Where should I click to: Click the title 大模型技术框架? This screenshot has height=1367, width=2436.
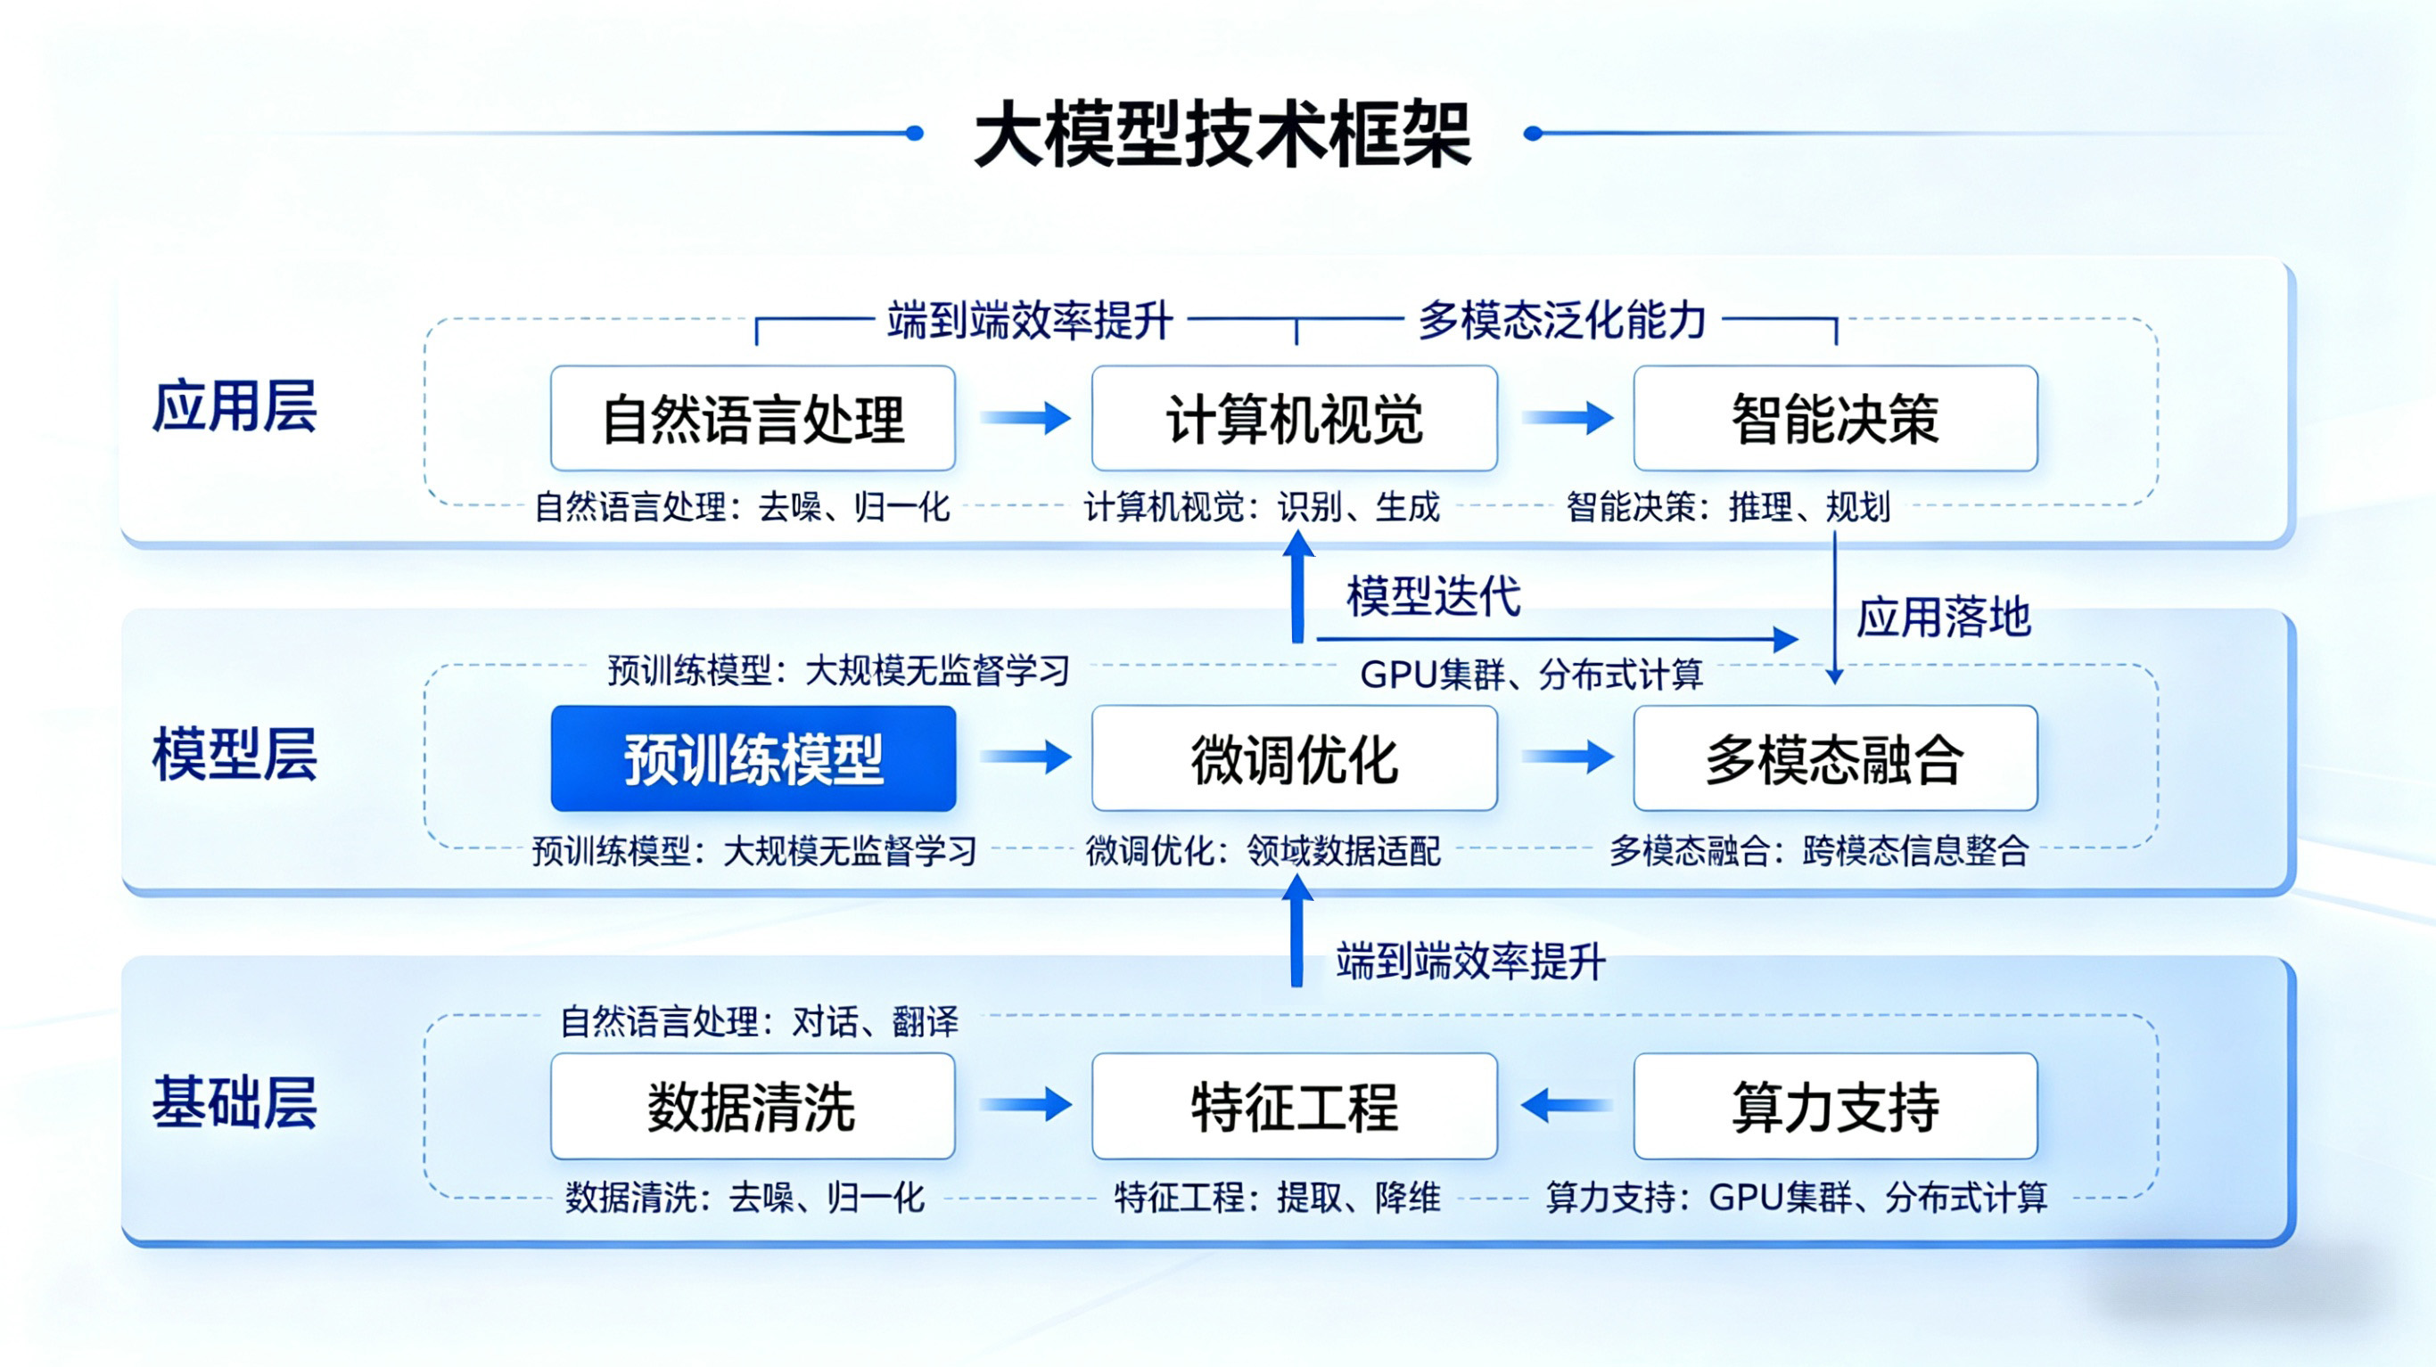pyautogui.click(x=1222, y=135)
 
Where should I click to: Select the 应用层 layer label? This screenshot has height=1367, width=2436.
pyautogui.click(x=234, y=407)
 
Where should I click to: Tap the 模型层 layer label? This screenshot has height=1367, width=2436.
pyautogui.click(x=234, y=755)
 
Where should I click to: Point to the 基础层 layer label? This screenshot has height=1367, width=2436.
pyautogui.click(x=234, y=1102)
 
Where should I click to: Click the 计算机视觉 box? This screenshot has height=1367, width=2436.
pyautogui.click(x=1294, y=419)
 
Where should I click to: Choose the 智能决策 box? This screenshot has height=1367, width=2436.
pyautogui.click(x=1834, y=419)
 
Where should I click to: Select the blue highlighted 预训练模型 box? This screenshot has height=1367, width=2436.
pyautogui.click(x=753, y=758)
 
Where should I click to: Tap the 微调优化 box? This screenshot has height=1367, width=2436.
pyautogui.click(x=1294, y=758)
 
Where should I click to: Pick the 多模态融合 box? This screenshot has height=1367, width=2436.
pyautogui.click(x=1834, y=758)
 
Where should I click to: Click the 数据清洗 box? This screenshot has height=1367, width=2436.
pyautogui.click(x=753, y=1106)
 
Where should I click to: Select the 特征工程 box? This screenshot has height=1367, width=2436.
pyautogui.click(x=1294, y=1106)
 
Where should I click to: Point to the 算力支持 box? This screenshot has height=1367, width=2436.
pyautogui.click(x=1834, y=1106)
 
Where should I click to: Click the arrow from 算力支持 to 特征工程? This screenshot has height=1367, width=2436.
pyautogui.click(x=1566, y=1104)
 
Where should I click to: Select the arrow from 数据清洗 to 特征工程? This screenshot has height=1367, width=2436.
pyautogui.click(x=1025, y=1104)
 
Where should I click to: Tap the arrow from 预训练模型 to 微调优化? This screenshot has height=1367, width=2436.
pyautogui.click(x=1025, y=757)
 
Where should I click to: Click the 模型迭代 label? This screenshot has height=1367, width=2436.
pyautogui.click(x=1433, y=596)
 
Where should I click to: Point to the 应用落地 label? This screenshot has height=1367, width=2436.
pyautogui.click(x=1942, y=618)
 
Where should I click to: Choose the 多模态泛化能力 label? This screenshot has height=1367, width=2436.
pyautogui.click(x=1561, y=321)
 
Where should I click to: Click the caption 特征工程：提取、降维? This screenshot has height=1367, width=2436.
pyautogui.click(x=1277, y=1198)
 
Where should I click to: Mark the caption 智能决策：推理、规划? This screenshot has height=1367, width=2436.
pyautogui.click(x=1728, y=507)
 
